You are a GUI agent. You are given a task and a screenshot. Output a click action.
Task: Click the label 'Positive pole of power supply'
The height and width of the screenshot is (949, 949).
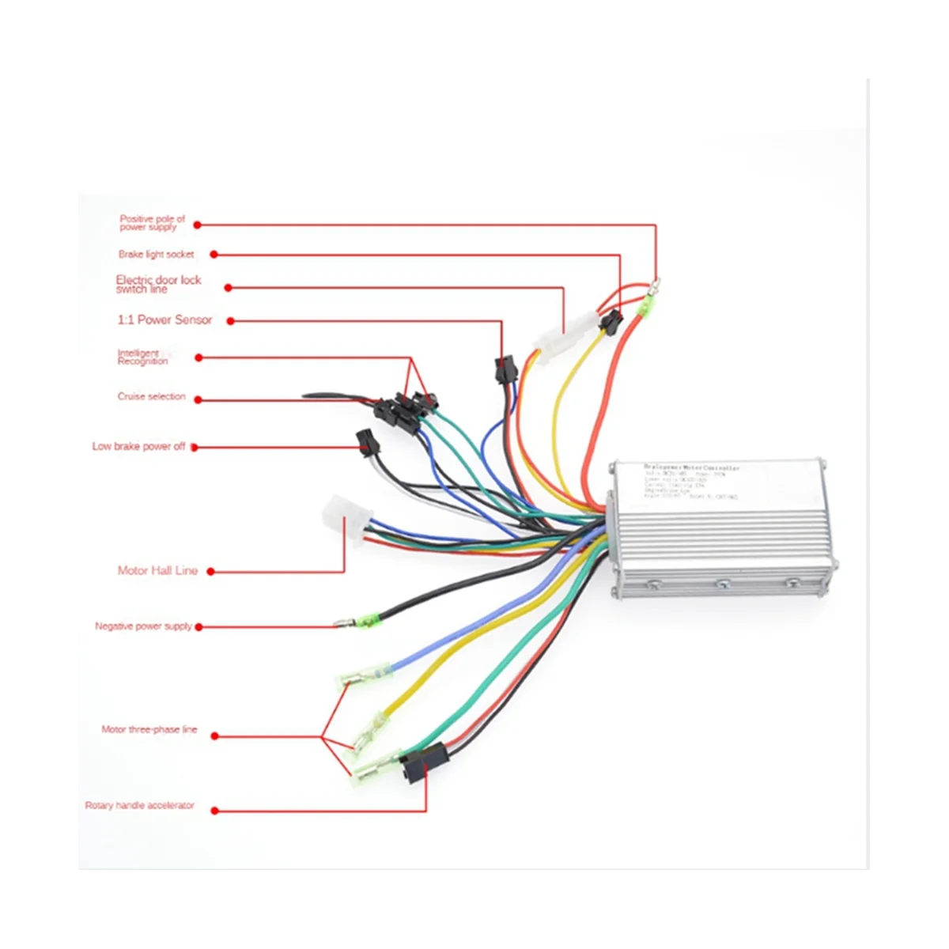(x=152, y=223)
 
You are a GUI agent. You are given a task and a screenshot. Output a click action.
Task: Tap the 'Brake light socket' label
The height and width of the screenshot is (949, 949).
(x=156, y=255)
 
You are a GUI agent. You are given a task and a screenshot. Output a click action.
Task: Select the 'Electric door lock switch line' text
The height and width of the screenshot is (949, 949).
(x=158, y=285)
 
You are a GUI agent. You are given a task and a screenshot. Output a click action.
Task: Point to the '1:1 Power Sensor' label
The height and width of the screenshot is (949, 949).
(x=164, y=319)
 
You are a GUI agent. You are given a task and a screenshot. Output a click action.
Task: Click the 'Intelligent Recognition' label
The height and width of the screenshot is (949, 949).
(x=142, y=357)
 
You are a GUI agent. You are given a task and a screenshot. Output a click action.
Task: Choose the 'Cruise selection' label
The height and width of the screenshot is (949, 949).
(x=151, y=397)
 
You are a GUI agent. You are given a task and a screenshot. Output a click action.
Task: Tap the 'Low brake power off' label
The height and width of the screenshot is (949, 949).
(x=138, y=447)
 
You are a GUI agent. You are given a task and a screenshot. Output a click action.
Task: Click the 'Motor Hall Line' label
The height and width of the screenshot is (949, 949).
(x=157, y=570)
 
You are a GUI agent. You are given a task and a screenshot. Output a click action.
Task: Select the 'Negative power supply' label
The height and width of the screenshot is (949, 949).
(x=143, y=626)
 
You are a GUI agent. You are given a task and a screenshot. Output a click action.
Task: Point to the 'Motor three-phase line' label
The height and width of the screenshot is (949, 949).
(x=149, y=730)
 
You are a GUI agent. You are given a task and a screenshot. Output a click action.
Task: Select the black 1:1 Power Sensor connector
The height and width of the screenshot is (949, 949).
(x=503, y=370)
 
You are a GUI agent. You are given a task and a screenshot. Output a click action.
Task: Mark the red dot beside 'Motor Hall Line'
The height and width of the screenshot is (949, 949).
(x=211, y=571)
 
